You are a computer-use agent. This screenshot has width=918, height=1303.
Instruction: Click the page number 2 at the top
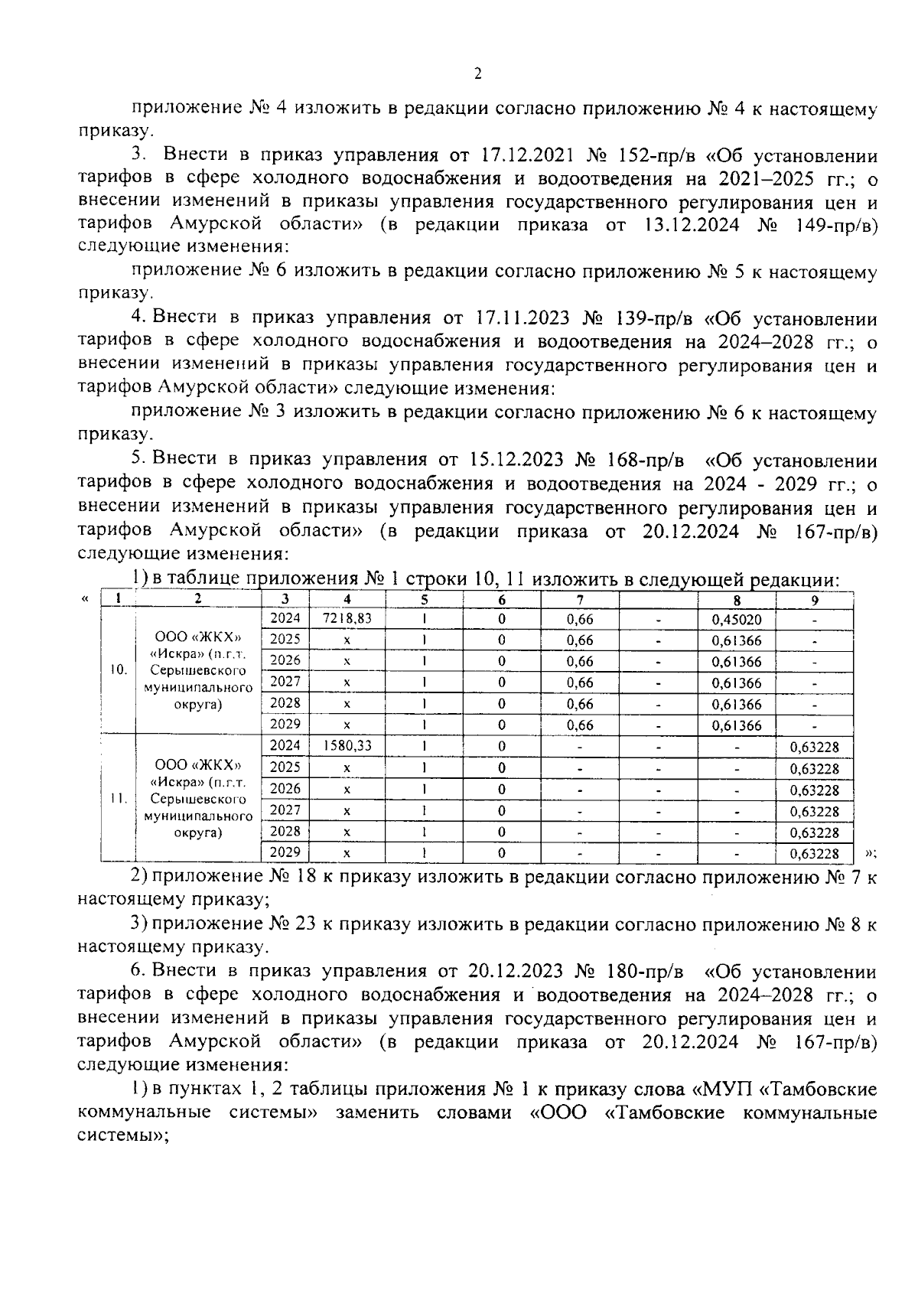click(x=477, y=74)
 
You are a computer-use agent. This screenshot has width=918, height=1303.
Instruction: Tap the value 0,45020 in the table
click(x=736, y=620)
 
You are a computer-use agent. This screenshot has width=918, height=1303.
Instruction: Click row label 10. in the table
click(x=117, y=670)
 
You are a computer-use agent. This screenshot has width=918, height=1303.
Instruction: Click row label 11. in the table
click(x=117, y=798)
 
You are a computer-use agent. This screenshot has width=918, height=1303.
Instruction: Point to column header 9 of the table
click(x=815, y=601)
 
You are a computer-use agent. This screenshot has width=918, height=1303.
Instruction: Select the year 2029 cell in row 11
click(x=285, y=852)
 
